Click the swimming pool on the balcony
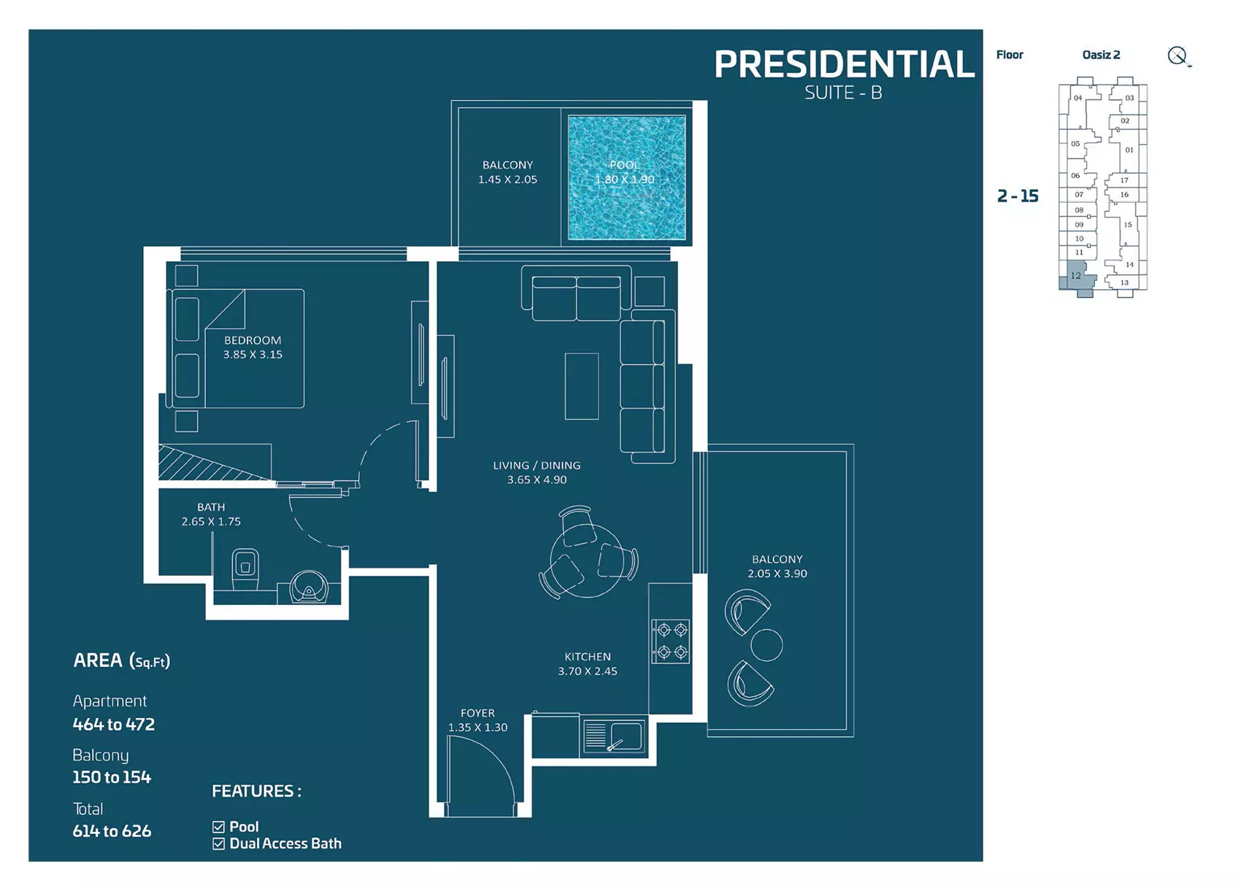point(626,178)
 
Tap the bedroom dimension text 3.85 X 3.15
point(253,355)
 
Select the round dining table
point(586,561)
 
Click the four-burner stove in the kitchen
point(671,641)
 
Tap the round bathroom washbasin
point(309,588)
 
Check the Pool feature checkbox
point(219,828)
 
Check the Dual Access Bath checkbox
point(219,844)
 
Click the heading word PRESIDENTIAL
point(844,64)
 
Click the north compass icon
point(1178,56)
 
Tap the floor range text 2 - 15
point(1018,196)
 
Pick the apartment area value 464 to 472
point(114,724)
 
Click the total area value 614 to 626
point(112,831)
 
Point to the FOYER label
point(477,713)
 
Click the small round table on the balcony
point(766,645)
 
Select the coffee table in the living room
point(582,387)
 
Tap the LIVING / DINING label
point(537,466)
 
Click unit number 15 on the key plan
point(1128,225)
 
